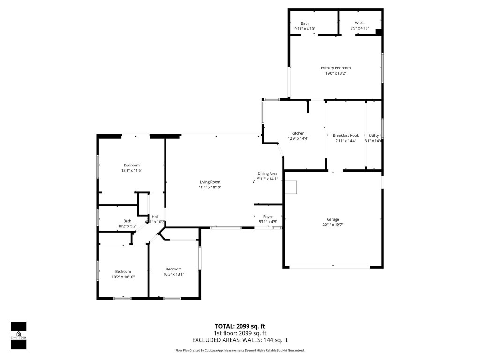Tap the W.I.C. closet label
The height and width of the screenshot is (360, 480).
[360, 23]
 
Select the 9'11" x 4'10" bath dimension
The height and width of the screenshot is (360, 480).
[305, 29]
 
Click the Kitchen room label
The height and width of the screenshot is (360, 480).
[298, 133]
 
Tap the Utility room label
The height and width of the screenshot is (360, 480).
[374, 135]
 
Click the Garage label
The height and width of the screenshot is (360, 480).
[333, 219]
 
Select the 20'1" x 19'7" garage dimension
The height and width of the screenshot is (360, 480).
[333, 225]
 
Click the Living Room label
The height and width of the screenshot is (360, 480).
[210, 182]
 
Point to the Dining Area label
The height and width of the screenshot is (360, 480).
[268, 173]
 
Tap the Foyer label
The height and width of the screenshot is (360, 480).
[268, 217]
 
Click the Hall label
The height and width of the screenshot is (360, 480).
[155, 217]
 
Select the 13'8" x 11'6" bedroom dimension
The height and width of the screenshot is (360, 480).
[132, 170]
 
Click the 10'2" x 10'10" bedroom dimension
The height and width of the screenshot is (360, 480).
[123, 277]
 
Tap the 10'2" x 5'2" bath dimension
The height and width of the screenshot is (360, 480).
[127, 226]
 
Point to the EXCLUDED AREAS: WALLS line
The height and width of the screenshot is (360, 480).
[240, 340]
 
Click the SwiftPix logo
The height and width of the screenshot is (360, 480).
[18, 335]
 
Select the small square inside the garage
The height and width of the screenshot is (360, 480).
[292, 187]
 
